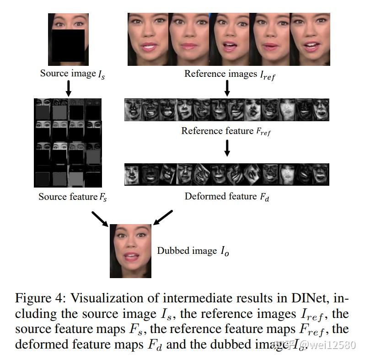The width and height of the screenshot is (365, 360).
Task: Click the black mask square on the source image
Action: [68, 45]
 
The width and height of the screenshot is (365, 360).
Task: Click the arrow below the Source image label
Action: [69, 88]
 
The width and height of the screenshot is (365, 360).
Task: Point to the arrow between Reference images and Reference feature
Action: [227, 88]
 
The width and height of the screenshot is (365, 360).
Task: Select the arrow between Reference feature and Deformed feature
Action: [227, 148]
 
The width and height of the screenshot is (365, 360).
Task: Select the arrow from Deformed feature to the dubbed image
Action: [163, 217]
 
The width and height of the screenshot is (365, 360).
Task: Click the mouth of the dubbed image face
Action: [131, 257]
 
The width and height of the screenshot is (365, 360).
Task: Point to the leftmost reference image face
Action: [148, 39]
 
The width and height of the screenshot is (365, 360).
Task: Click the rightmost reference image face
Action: [310, 39]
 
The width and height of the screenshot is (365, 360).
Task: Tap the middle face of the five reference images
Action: [229, 39]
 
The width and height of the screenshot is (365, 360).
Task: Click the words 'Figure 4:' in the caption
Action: [41, 298]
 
